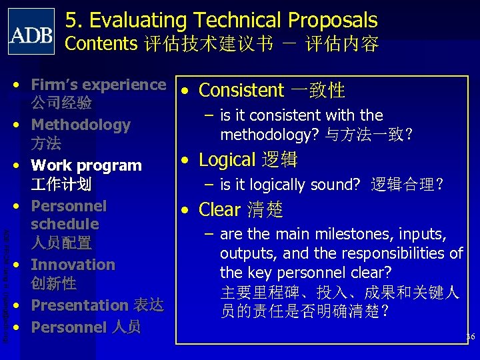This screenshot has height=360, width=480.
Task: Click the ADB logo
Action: (31, 31)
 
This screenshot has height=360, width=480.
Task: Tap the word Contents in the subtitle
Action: (101, 44)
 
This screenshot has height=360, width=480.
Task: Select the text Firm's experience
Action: (98, 85)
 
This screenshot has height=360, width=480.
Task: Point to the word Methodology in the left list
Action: (81, 125)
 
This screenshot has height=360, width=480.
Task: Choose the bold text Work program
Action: (87, 165)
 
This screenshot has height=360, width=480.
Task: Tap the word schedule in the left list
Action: (65, 224)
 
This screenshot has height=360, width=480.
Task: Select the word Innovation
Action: (73, 265)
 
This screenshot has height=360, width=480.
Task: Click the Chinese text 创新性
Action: (53, 283)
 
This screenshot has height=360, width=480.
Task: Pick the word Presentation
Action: (79, 305)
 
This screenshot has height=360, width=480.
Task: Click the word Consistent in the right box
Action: (241, 90)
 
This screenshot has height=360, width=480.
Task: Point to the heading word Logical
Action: (227, 160)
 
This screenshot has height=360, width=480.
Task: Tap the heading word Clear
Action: (219, 210)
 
